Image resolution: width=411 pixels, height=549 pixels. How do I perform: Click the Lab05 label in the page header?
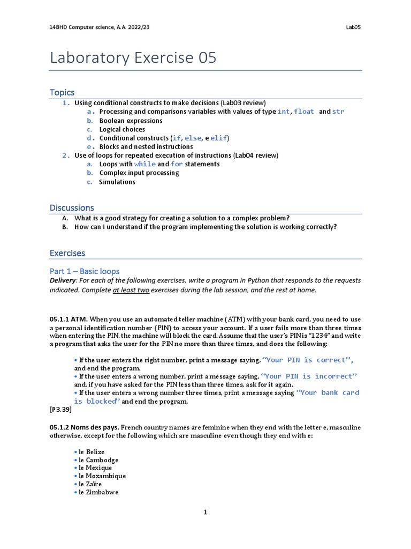click(x=354, y=27)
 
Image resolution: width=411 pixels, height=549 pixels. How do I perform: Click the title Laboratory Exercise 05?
click(x=133, y=57)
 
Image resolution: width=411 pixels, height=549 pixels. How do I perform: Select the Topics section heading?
click(x=62, y=92)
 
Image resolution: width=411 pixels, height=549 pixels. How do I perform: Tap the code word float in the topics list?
click(x=304, y=112)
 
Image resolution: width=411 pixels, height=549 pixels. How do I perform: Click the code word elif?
click(x=219, y=138)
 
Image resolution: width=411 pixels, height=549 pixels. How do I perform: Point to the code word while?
click(x=144, y=164)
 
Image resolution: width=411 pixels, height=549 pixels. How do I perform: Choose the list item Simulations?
click(x=117, y=182)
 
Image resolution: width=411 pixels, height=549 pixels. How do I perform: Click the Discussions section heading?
click(x=72, y=207)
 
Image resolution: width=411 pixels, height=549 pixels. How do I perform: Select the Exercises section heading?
click(x=67, y=253)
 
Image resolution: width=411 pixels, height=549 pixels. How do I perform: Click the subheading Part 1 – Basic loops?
click(x=85, y=271)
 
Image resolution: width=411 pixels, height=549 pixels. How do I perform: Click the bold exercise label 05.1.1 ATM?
click(x=68, y=319)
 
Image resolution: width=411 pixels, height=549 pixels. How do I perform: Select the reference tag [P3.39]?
click(x=60, y=409)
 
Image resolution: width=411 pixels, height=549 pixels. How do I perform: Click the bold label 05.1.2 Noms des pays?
click(x=84, y=427)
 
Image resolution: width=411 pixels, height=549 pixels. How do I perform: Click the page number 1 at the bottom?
click(x=205, y=513)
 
